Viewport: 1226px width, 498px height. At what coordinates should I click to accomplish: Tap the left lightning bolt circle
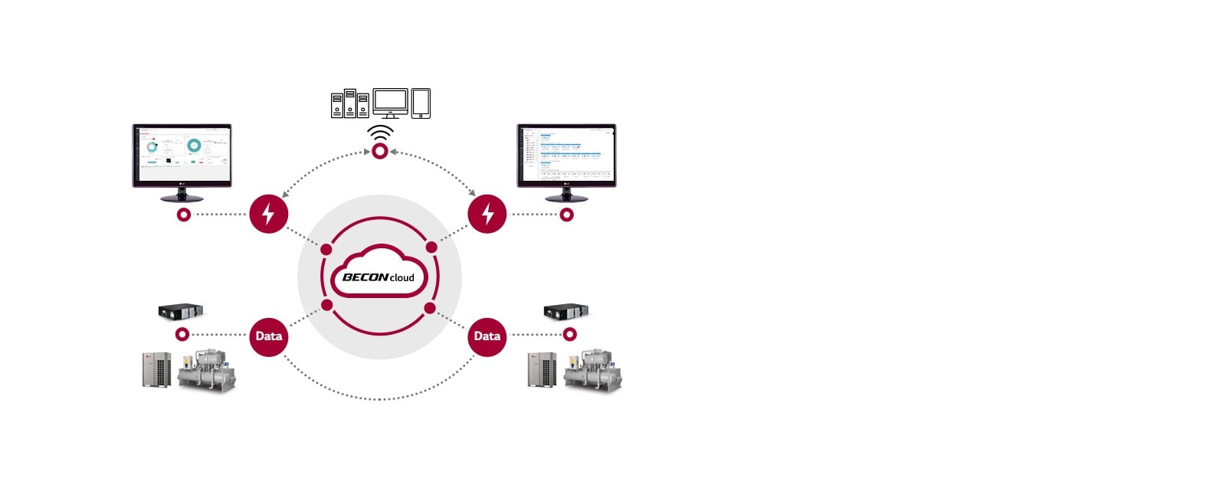click(x=268, y=214)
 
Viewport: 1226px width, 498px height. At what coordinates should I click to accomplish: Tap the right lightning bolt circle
click(x=487, y=214)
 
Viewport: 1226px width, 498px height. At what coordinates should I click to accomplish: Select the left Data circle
click(x=268, y=336)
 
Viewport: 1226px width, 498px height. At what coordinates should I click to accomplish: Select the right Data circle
click(x=487, y=336)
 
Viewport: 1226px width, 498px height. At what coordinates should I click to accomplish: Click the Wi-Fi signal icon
click(x=380, y=133)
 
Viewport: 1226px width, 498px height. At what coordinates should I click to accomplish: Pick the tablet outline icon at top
click(x=421, y=103)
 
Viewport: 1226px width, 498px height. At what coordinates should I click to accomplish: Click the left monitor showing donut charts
click(x=182, y=156)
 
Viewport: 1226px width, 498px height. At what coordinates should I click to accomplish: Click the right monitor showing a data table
click(x=566, y=156)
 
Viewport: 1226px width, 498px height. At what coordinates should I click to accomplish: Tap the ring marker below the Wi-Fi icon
click(x=380, y=152)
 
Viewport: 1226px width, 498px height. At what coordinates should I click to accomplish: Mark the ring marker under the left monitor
click(x=183, y=215)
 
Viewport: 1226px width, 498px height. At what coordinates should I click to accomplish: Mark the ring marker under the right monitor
click(x=566, y=215)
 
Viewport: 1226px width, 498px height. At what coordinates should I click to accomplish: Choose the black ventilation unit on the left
click(x=180, y=310)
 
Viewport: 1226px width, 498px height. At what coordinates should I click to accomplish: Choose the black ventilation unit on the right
click(x=565, y=310)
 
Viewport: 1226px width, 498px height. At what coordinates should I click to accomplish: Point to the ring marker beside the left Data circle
click(x=182, y=335)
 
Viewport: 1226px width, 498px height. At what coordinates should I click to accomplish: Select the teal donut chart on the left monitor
click(x=194, y=145)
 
